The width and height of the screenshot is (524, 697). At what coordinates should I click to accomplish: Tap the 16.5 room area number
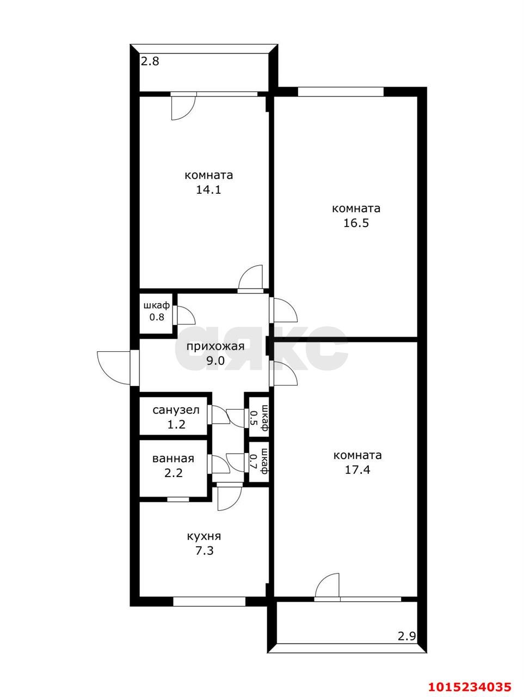pyautogui.click(x=356, y=223)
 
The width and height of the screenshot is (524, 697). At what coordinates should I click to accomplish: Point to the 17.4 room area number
pyautogui.click(x=357, y=470)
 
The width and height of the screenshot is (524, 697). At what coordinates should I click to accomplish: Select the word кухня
pyautogui.click(x=204, y=536)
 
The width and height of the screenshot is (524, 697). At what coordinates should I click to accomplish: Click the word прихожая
pyautogui.click(x=215, y=346)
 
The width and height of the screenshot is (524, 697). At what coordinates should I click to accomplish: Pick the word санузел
pyautogui.click(x=176, y=409)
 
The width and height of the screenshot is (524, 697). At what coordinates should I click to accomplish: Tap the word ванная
pyautogui.click(x=173, y=458)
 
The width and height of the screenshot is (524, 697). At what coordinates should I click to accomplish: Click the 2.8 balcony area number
pyautogui.click(x=150, y=62)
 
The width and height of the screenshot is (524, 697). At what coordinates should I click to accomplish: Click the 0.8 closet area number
pyautogui.click(x=157, y=317)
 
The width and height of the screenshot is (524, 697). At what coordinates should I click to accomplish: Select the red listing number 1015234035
pyautogui.click(x=469, y=686)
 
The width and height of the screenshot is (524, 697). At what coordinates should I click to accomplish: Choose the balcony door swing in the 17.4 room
pyautogui.click(x=328, y=587)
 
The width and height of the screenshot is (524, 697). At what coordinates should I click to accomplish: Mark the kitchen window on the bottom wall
pyautogui.click(x=209, y=601)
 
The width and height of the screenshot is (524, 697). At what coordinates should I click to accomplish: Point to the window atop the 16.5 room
pyautogui.click(x=341, y=91)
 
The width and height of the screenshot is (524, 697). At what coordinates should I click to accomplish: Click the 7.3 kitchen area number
pyautogui.click(x=204, y=551)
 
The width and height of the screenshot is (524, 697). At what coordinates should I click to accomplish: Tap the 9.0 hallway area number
pyautogui.click(x=215, y=360)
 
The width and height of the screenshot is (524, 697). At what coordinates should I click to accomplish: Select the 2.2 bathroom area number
pyautogui.click(x=173, y=473)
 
